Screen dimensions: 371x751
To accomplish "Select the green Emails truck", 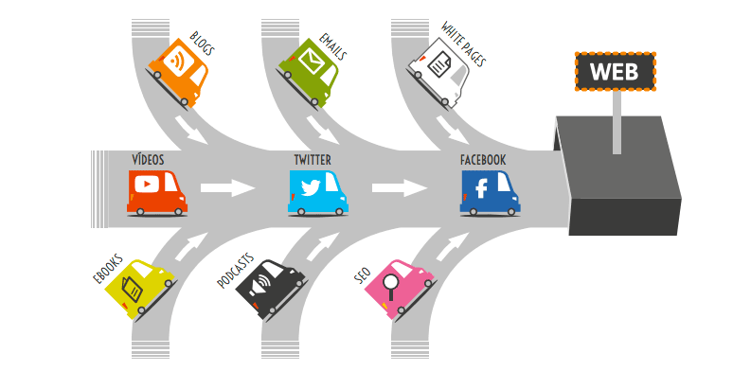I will click(x=310, y=69).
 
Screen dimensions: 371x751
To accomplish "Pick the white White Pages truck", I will click(x=440, y=71).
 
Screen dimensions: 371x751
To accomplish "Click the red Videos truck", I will click(x=156, y=191).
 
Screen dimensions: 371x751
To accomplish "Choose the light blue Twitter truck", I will click(x=317, y=191).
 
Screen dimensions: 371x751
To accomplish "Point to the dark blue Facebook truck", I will click(x=489, y=192).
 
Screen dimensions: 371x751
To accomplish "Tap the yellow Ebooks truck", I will click(x=140, y=288).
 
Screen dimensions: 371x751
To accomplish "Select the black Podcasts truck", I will click(x=270, y=288).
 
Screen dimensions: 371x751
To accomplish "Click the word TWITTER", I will click(x=313, y=160).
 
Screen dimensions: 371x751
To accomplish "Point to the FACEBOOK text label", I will click(x=483, y=160).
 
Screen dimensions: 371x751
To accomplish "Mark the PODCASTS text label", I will click(x=235, y=271).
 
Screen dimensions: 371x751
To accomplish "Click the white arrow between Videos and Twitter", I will click(x=228, y=187).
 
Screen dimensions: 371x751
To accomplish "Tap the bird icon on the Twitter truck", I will click(x=310, y=187).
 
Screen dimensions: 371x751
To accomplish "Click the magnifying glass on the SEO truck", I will click(x=389, y=285).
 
